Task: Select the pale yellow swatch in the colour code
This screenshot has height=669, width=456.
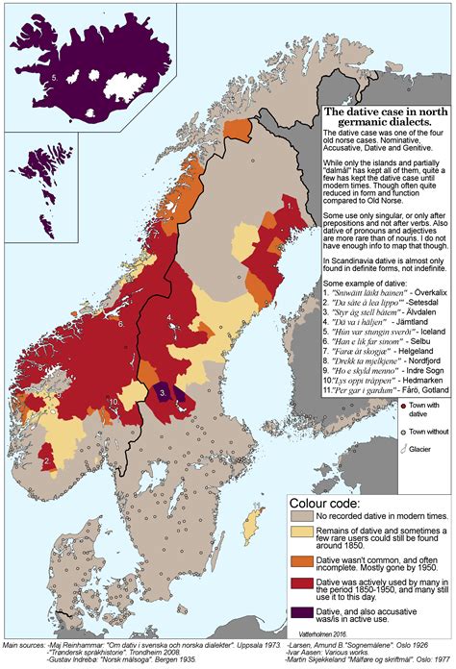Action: (303, 537)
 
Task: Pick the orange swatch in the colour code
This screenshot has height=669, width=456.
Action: (303, 563)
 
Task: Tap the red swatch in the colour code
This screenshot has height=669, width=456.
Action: (303, 588)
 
